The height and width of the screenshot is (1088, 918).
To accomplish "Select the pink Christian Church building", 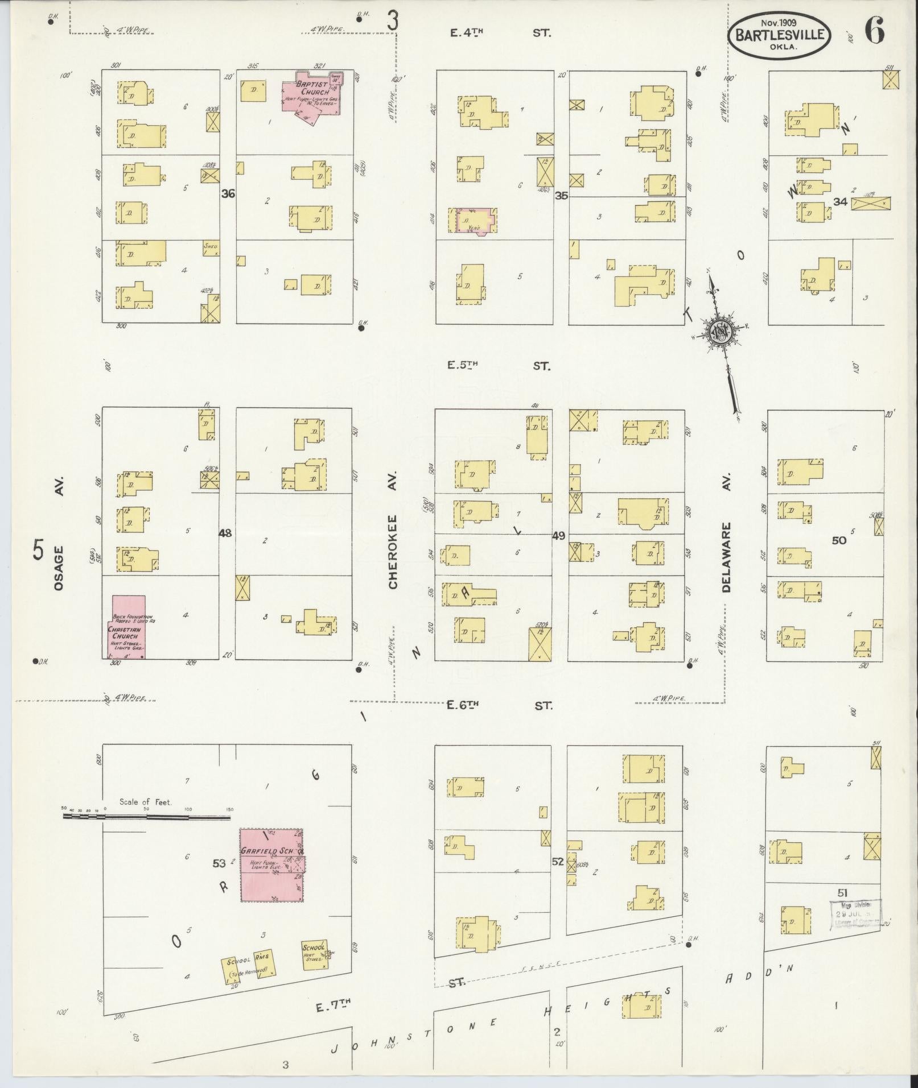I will pyautogui.click(x=127, y=627).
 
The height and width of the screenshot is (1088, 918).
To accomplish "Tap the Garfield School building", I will pyautogui.click(x=271, y=865).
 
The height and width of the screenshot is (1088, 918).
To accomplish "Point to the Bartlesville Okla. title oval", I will pyautogui.click(x=779, y=35).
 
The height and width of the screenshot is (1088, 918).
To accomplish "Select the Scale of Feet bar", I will pyautogui.click(x=146, y=817).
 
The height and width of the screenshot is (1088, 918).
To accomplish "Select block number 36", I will pyautogui.click(x=228, y=194).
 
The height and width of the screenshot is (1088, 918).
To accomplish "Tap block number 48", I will pyautogui.click(x=226, y=533).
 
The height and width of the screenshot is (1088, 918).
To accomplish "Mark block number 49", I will pyautogui.click(x=559, y=536).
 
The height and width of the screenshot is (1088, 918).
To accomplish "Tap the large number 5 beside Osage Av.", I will pyautogui.click(x=38, y=551).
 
